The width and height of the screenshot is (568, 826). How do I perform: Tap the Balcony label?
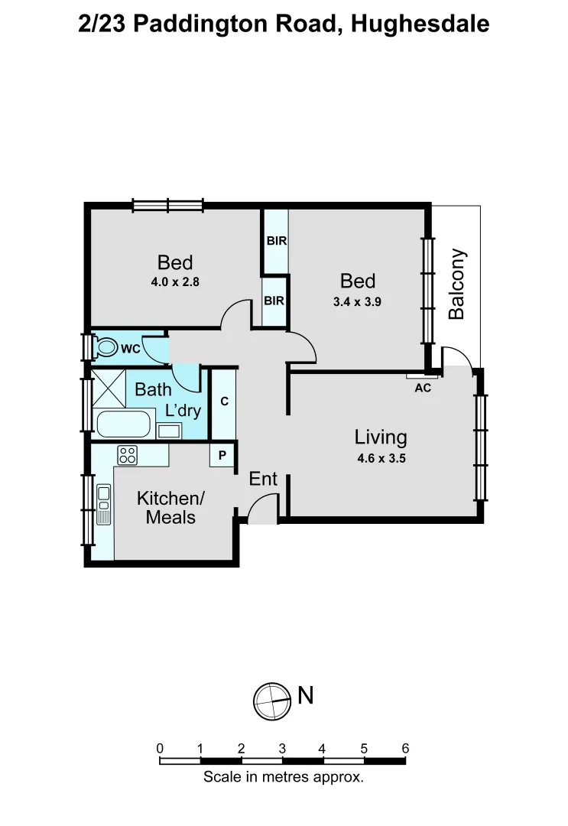456,284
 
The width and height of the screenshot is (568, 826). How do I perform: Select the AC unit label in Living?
423,388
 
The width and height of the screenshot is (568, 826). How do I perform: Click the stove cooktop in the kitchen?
127,455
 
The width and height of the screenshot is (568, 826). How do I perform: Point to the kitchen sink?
103,504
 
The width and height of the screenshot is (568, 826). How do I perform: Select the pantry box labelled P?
222,455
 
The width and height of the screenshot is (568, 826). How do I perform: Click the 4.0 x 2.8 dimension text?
175,281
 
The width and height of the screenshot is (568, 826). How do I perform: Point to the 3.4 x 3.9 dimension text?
357,301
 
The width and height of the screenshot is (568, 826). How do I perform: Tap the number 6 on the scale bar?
405,749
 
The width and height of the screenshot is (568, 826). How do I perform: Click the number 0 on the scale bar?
160,749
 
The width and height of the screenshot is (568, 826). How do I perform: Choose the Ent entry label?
263,480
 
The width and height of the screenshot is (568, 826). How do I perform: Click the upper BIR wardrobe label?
276,241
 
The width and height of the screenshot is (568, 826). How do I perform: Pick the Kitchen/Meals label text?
170,508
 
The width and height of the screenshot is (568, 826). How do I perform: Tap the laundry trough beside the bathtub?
169,431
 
